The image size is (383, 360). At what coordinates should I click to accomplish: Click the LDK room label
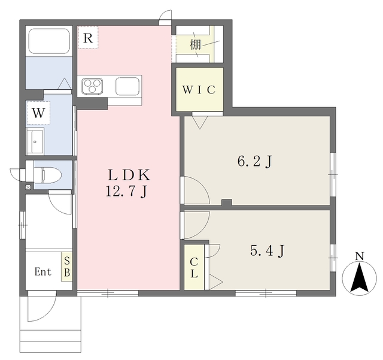tap(129, 175)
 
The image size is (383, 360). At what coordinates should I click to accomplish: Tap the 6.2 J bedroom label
tap(254, 161)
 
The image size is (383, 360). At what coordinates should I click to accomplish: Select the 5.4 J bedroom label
tap(267, 250)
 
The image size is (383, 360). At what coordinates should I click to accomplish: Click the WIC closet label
tap(199, 90)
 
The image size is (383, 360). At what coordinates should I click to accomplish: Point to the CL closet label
tap(194, 268)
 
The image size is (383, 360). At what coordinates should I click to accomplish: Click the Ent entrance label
tap(43, 272)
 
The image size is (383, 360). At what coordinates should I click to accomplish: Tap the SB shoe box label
tap(67, 267)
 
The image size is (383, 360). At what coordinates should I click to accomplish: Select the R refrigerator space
tap(88, 38)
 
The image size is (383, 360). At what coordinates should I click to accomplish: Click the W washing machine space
tap(38, 113)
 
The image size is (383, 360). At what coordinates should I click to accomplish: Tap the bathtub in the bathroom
tap(49, 41)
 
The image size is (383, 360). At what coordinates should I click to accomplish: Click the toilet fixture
tap(47, 175)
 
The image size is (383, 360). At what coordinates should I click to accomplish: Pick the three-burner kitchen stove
tap(92, 86)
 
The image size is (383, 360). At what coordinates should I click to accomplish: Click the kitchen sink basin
tap(127, 86)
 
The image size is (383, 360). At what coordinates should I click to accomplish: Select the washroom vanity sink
tap(35, 141)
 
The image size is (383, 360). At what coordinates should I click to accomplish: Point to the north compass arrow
tap(359, 277)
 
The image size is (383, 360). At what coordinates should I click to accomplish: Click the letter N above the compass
tap(359, 256)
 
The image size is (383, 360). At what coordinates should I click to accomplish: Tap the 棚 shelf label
tap(196, 45)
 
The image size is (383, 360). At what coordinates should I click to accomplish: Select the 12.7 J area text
tap(126, 191)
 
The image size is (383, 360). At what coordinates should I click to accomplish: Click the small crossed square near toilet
tap(28, 187)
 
